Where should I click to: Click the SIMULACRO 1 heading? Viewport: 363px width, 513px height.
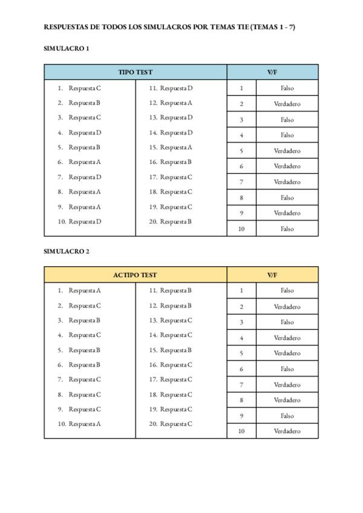pyautogui.click(x=67, y=49)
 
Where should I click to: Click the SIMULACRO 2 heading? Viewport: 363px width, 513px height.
pyautogui.click(x=67, y=252)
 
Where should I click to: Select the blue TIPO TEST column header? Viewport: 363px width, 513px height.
pyautogui.click(x=136, y=72)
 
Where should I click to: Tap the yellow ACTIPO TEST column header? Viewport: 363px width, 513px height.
pyautogui.click(x=136, y=275)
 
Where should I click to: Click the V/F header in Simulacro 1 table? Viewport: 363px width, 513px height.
pyautogui.click(x=272, y=72)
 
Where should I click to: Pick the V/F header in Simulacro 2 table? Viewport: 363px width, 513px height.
pyautogui.click(x=272, y=275)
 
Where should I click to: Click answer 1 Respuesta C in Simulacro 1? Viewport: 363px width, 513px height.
pyautogui.click(x=84, y=88)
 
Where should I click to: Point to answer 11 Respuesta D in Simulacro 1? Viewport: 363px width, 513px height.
pyautogui.click(x=175, y=88)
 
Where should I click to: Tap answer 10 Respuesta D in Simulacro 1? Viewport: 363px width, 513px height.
pyautogui.click(x=84, y=222)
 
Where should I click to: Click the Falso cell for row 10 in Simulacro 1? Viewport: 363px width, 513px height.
pyautogui.click(x=287, y=229)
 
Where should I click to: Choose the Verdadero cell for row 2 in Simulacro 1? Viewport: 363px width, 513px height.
pyautogui.click(x=287, y=104)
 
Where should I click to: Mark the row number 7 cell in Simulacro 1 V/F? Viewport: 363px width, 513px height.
pyautogui.click(x=241, y=182)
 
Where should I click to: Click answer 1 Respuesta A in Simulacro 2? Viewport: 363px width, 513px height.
pyautogui.click(x=84, y=290)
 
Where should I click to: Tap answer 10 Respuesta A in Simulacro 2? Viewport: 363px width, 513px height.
pyautogui.click(x=84, y=424)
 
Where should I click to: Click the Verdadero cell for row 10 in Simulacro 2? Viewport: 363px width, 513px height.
pyautogui.click(x=287, y=431)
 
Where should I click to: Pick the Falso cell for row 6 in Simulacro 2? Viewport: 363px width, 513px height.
pyautogui.click(x=287, y=369)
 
